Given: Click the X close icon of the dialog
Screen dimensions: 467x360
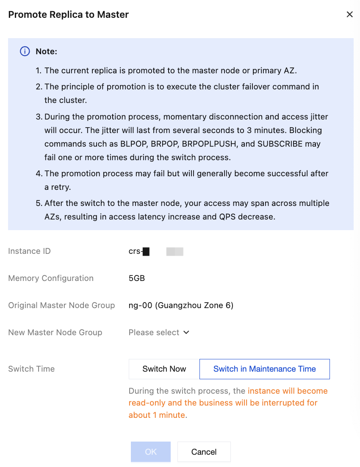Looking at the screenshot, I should pos(349,14).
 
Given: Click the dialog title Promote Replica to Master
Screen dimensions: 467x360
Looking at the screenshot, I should pos(69,14).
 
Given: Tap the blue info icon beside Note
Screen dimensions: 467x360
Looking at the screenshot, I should pos(25,51).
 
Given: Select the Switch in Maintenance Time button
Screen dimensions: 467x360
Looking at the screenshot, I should pos(264,369).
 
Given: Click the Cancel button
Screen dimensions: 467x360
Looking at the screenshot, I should pos(204,452).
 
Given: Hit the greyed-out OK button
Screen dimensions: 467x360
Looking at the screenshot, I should pos(151,452).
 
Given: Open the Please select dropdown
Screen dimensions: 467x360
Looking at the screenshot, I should pos(154,333).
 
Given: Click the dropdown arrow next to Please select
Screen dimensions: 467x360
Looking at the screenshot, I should pos(186,333).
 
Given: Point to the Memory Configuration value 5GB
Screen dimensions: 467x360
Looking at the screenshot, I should pos(137,278).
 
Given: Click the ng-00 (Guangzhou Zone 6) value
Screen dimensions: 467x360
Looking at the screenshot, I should pos(181,306).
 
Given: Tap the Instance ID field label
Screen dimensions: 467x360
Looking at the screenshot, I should pos(29,251).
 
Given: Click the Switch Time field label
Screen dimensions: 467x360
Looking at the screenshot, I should pos(31,369).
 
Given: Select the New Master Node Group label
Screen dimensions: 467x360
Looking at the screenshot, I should pos(55,333).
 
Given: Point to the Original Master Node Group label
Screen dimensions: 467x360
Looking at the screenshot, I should pos(61,306).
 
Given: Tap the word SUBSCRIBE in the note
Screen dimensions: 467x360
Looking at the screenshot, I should pos(279,144).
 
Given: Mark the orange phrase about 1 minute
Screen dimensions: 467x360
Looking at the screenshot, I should pos(157,415).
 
